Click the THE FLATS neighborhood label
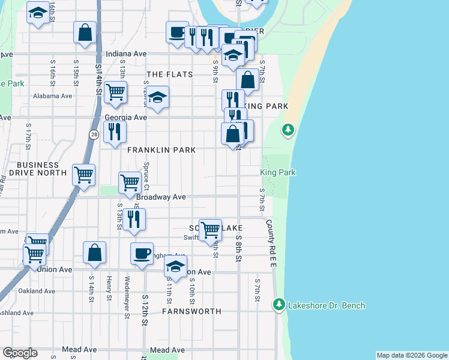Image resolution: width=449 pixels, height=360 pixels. [170, 74]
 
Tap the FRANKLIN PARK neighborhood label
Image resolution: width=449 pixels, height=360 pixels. [161, 150]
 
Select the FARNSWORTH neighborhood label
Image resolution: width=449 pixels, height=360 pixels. [191, 311]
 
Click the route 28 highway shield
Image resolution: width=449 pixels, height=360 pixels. [95, 136]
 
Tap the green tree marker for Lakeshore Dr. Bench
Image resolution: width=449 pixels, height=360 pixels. [278, 305]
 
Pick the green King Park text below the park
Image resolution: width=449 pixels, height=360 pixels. [278, 172]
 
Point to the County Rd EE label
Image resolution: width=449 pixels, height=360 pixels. [270, 238]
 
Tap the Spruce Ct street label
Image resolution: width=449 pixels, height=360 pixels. [146, 173]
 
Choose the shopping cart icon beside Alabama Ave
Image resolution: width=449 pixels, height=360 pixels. [115, 92]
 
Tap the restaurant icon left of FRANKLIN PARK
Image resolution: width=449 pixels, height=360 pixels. [114, 131]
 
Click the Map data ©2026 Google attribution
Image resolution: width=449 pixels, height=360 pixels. [411, 355]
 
